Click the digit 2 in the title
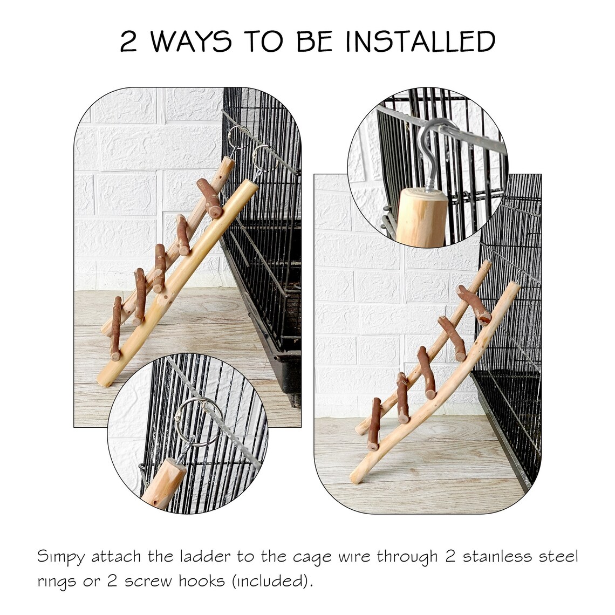coord(128,43)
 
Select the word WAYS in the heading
coord(192,42)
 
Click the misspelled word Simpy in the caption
coord(58,557)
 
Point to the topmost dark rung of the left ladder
coord(210,198)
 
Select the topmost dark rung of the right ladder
coord(473,305)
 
